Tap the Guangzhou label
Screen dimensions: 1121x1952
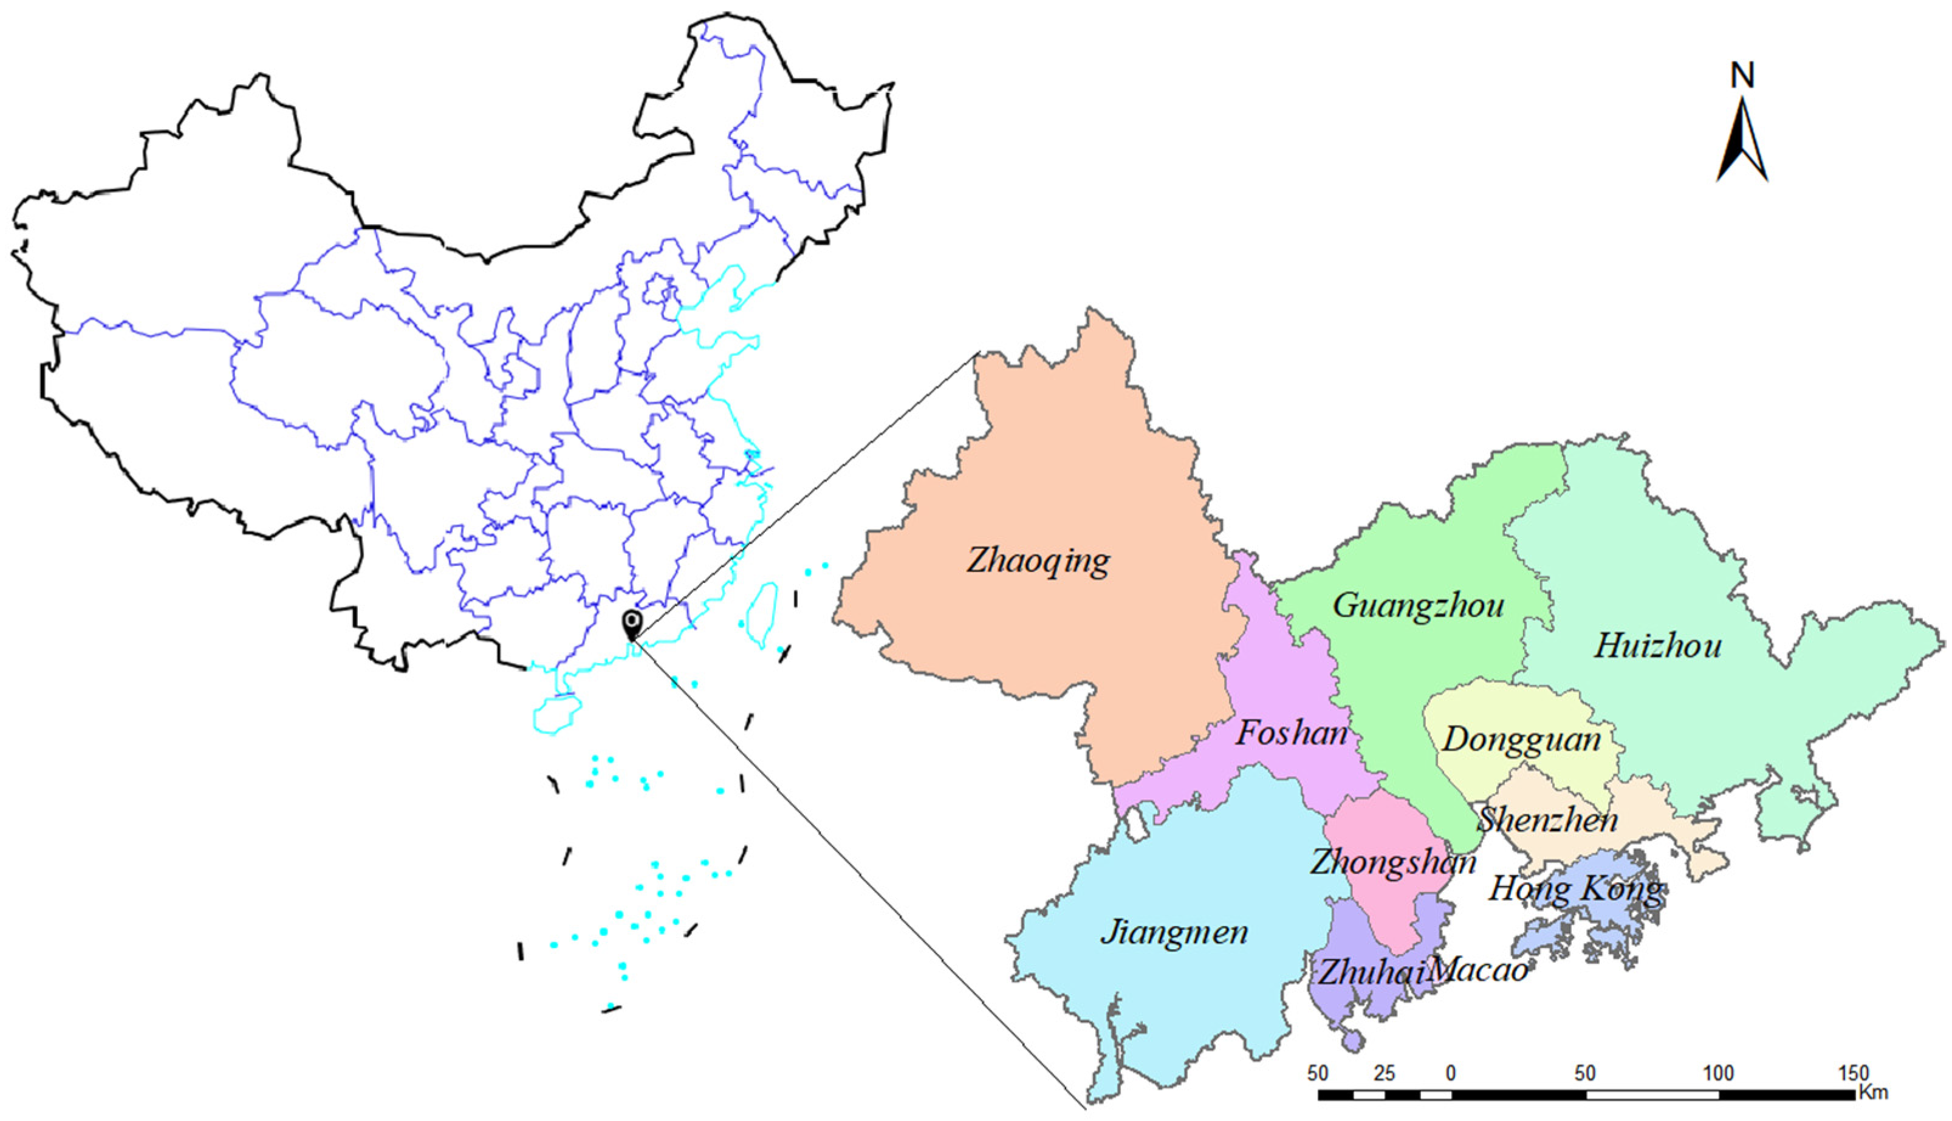pos(1419,606)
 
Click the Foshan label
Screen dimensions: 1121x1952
pos(1292,733)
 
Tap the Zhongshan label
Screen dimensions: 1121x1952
pos(1393,862)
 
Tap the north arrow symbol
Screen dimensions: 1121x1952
pos(1742,143)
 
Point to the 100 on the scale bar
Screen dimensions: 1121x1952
pos(1718,1073)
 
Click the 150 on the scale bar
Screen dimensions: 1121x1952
pos(1852,1073)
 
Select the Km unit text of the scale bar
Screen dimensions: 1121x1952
pos(1872,1093)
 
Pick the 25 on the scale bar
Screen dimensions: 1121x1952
pos(1384,1073)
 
